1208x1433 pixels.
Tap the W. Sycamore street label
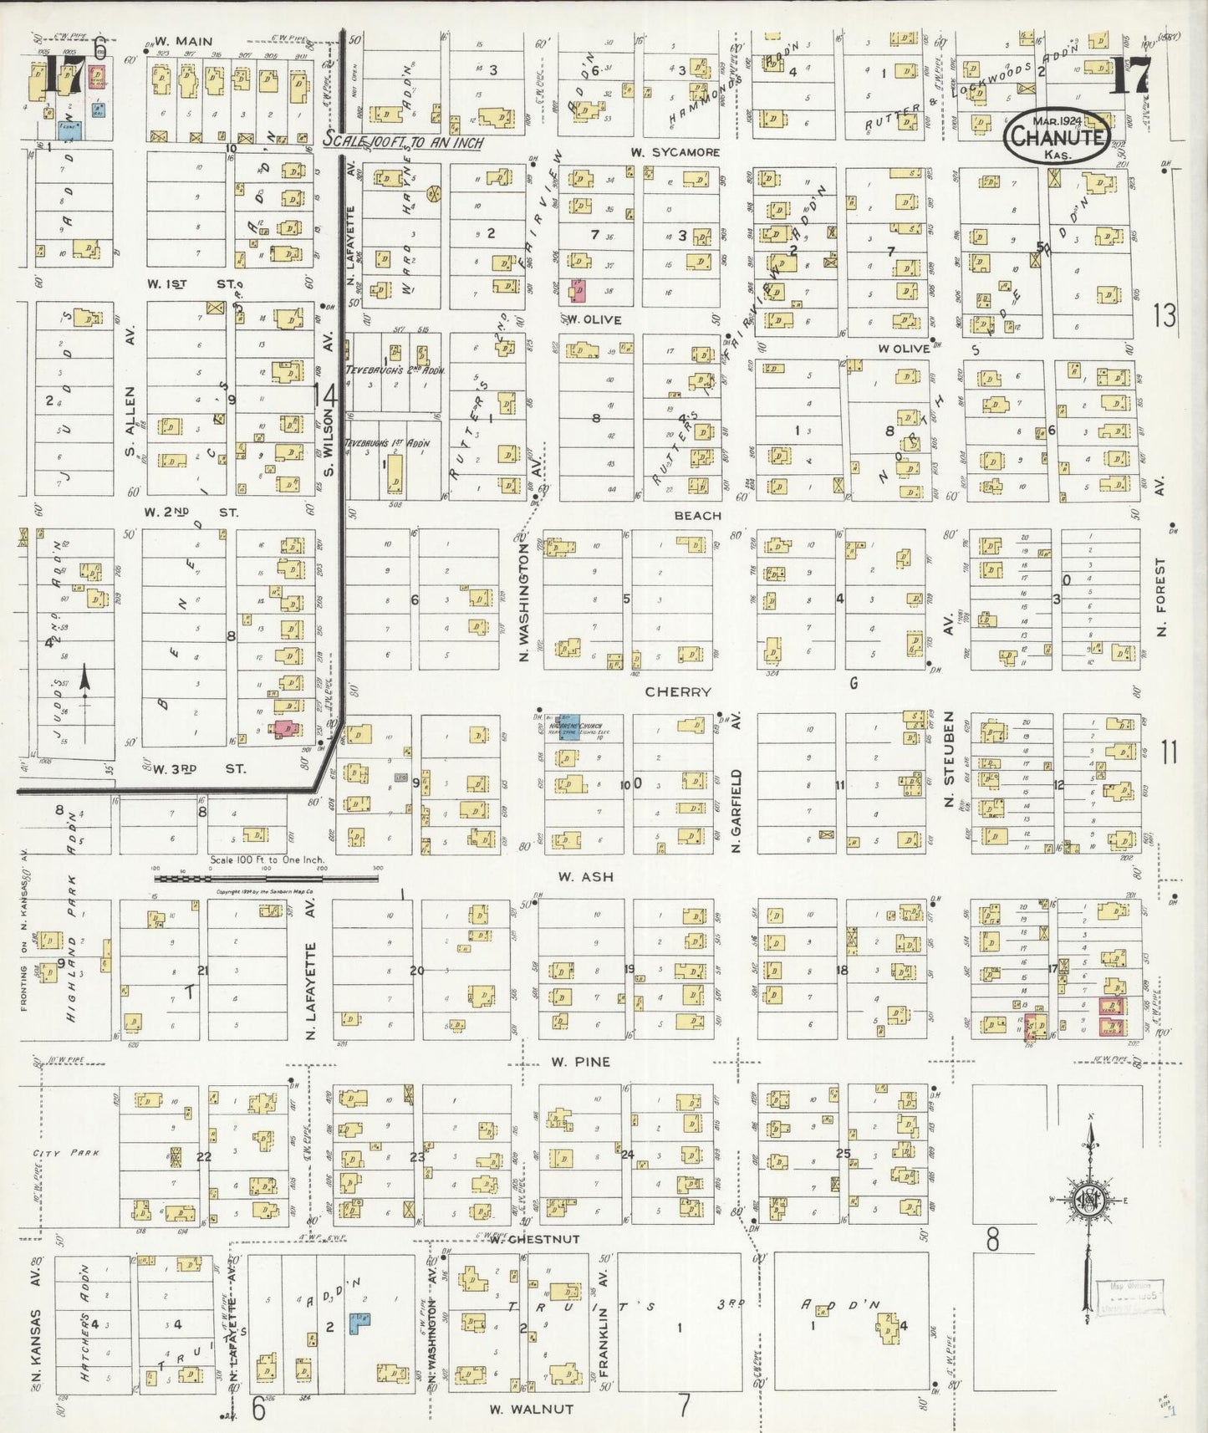click(675, 152)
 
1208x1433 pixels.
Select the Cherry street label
click(678, 692)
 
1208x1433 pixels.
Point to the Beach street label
click(697, 516)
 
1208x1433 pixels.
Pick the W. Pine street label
click(580, 1062)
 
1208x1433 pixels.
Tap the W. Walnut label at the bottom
click(531, 1409)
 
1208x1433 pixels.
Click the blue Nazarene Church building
click(568, 727)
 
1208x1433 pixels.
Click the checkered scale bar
click(266, 878)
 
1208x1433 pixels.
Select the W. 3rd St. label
click(199, 768)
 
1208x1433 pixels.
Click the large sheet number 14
click(324, 395)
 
